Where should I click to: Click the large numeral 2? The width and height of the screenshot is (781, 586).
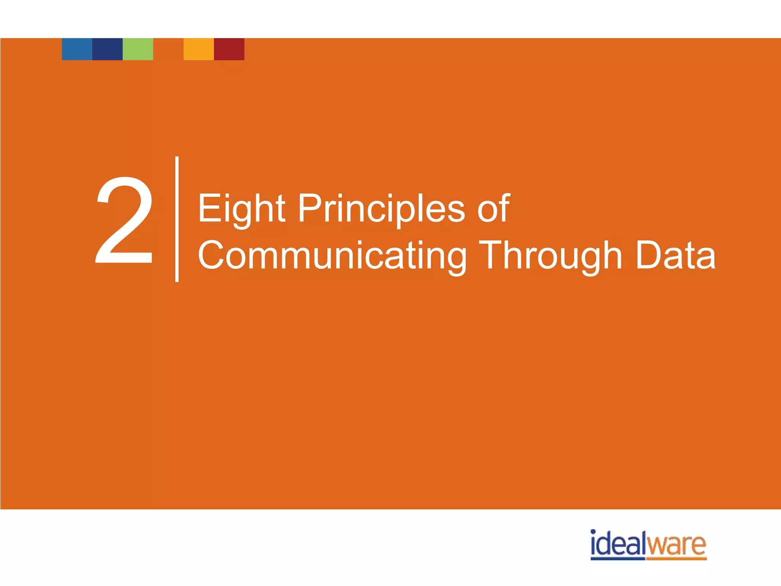pos(124,220)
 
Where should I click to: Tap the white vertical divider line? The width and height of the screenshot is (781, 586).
pos(177,219)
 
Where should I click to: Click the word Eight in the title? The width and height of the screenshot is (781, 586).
pos(241,209)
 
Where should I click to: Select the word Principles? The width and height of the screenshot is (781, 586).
pos(381,209)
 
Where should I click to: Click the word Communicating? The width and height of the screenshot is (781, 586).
pos(332,256)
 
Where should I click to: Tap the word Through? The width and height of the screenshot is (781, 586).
pos(551,256)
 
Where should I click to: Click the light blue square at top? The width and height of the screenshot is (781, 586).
pos(77,49)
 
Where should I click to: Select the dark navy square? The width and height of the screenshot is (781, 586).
pos(108,49)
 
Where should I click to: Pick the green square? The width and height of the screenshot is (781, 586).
pos(138,49)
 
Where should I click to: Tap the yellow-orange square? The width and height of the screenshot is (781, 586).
pos(199,49)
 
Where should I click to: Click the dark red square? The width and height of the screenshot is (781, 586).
pos(229,49)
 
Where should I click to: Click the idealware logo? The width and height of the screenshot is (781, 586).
pos(648,544)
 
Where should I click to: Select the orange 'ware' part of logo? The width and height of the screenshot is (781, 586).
pos(676,546)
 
